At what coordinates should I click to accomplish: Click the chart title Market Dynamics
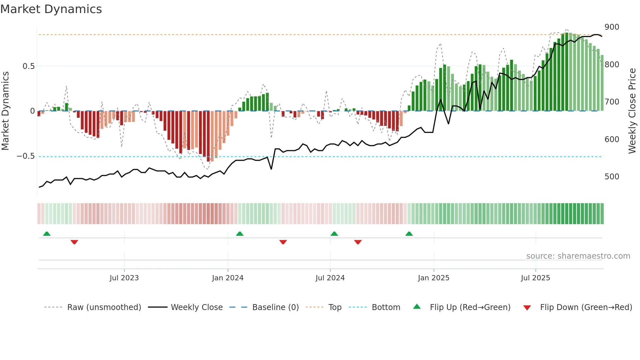pos(51,9)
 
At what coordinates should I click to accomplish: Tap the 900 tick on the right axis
pos(612,27)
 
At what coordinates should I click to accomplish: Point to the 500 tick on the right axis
pos(612,177)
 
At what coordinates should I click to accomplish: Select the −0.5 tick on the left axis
pos(25,156)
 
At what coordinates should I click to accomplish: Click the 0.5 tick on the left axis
pos(28,66)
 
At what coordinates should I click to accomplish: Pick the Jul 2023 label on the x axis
pos(124,278)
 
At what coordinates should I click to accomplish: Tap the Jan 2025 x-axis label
pos(434,278)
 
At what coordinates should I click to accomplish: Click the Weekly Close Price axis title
pos(632,111)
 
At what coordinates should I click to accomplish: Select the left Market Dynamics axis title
pos(5,111)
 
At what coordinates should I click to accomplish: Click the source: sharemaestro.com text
pos(578,256)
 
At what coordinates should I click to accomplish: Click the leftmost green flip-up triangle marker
pos(47,234)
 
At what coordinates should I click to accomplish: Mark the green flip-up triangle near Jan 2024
pos(240,234)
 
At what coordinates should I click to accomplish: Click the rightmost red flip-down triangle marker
pos(358,242)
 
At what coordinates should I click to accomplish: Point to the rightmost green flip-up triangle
pos(409,234)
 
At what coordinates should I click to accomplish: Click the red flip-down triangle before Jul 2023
pos(74,242)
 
